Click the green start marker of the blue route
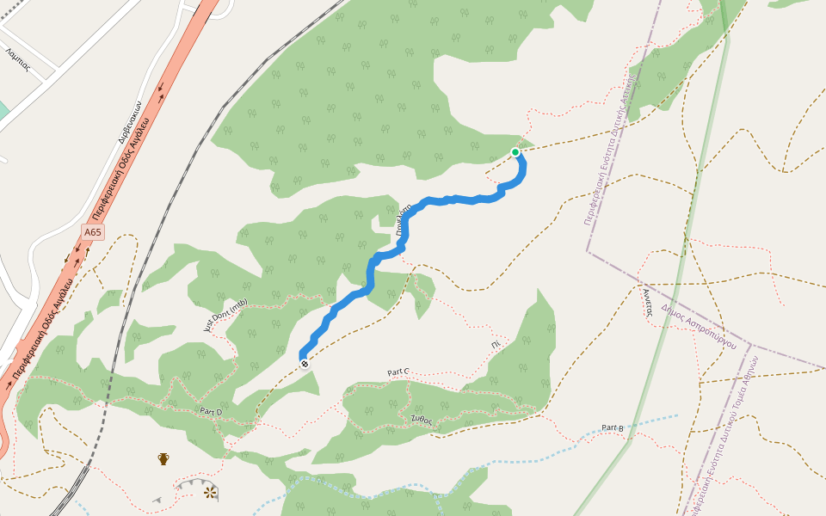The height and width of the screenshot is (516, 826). point(515,152)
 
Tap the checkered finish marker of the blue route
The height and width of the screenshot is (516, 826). point(305,364)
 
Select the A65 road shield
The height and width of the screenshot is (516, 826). point(93,232)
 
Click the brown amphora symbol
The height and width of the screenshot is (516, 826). point(163,458)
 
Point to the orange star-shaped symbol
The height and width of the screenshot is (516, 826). point(209,491)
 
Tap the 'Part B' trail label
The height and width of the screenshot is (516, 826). point(613,427)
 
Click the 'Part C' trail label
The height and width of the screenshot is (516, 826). point(398,372)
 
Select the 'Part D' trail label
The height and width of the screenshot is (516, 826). point(211,411)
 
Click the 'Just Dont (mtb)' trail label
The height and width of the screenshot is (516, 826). point(225,315)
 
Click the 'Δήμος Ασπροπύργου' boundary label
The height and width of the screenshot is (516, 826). point(700,329)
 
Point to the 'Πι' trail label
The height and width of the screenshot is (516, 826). point(496,343)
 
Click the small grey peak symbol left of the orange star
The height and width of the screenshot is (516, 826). point(157,500)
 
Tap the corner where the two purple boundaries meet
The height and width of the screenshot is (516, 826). point(588,251)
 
